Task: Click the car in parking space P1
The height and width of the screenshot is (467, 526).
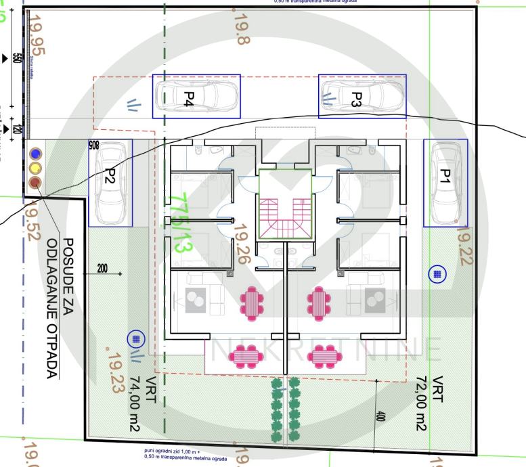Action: [445, 183]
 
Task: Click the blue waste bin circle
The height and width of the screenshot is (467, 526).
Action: [35, 154]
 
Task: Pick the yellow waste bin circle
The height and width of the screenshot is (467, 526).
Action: [35, 167]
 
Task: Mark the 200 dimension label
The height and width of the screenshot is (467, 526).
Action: [102, 269]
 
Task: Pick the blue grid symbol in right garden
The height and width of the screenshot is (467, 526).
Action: [437, 274]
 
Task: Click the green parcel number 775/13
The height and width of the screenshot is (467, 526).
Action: [178, 223]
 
